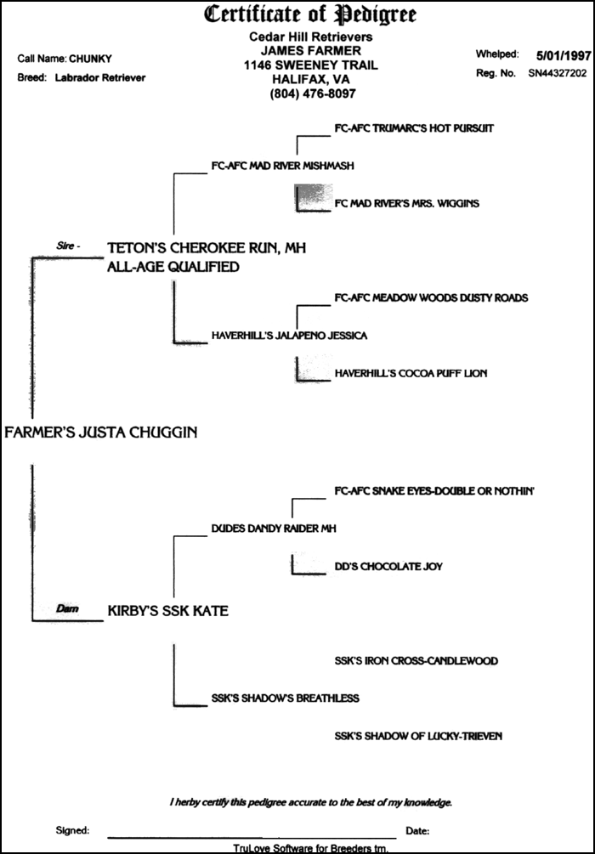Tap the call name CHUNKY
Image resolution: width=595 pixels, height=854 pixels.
pyautogui.click(x=89, y=59)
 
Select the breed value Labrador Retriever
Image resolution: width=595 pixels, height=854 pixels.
pyautogui.click(x=100, y=77)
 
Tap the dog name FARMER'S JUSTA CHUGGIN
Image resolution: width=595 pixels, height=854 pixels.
pyautogui.click(x=101, y=432)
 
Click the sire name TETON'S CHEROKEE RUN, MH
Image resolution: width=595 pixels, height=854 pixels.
pyautogui.click(x=206, y=247)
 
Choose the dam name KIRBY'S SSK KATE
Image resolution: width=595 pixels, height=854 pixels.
pyautogui.click(x=167, y=610)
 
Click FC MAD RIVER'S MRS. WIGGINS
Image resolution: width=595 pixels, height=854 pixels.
pyautogui.click(x=407, y=203)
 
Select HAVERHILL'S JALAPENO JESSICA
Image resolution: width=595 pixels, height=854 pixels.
pyautogui.click(x=289, y=336)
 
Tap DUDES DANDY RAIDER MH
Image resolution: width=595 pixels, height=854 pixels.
pyautogui.click(x=274, y=529)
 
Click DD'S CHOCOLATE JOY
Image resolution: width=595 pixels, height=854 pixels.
pyautogui.click(x=388, y=566)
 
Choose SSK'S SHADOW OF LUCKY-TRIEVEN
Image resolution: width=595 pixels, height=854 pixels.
pyautogui.click(x=418, y=736)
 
